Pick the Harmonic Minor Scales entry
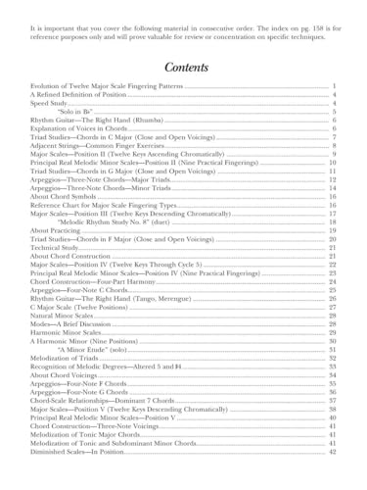point(72,332)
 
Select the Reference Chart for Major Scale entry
point(108,205)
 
